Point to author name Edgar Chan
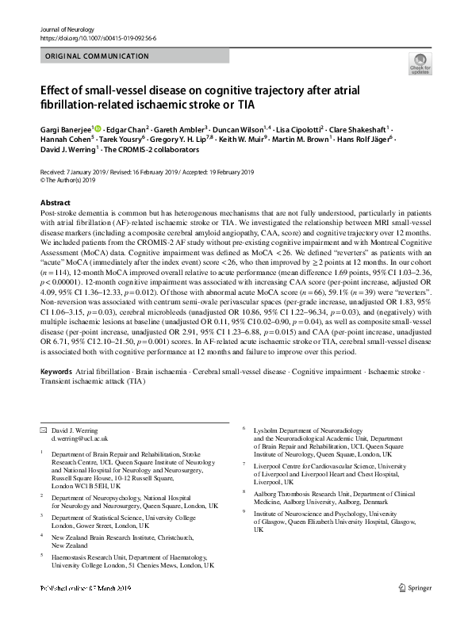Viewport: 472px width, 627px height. (129, 128)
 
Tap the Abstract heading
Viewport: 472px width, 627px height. (54, 203)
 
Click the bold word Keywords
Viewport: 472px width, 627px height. (56, 370)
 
